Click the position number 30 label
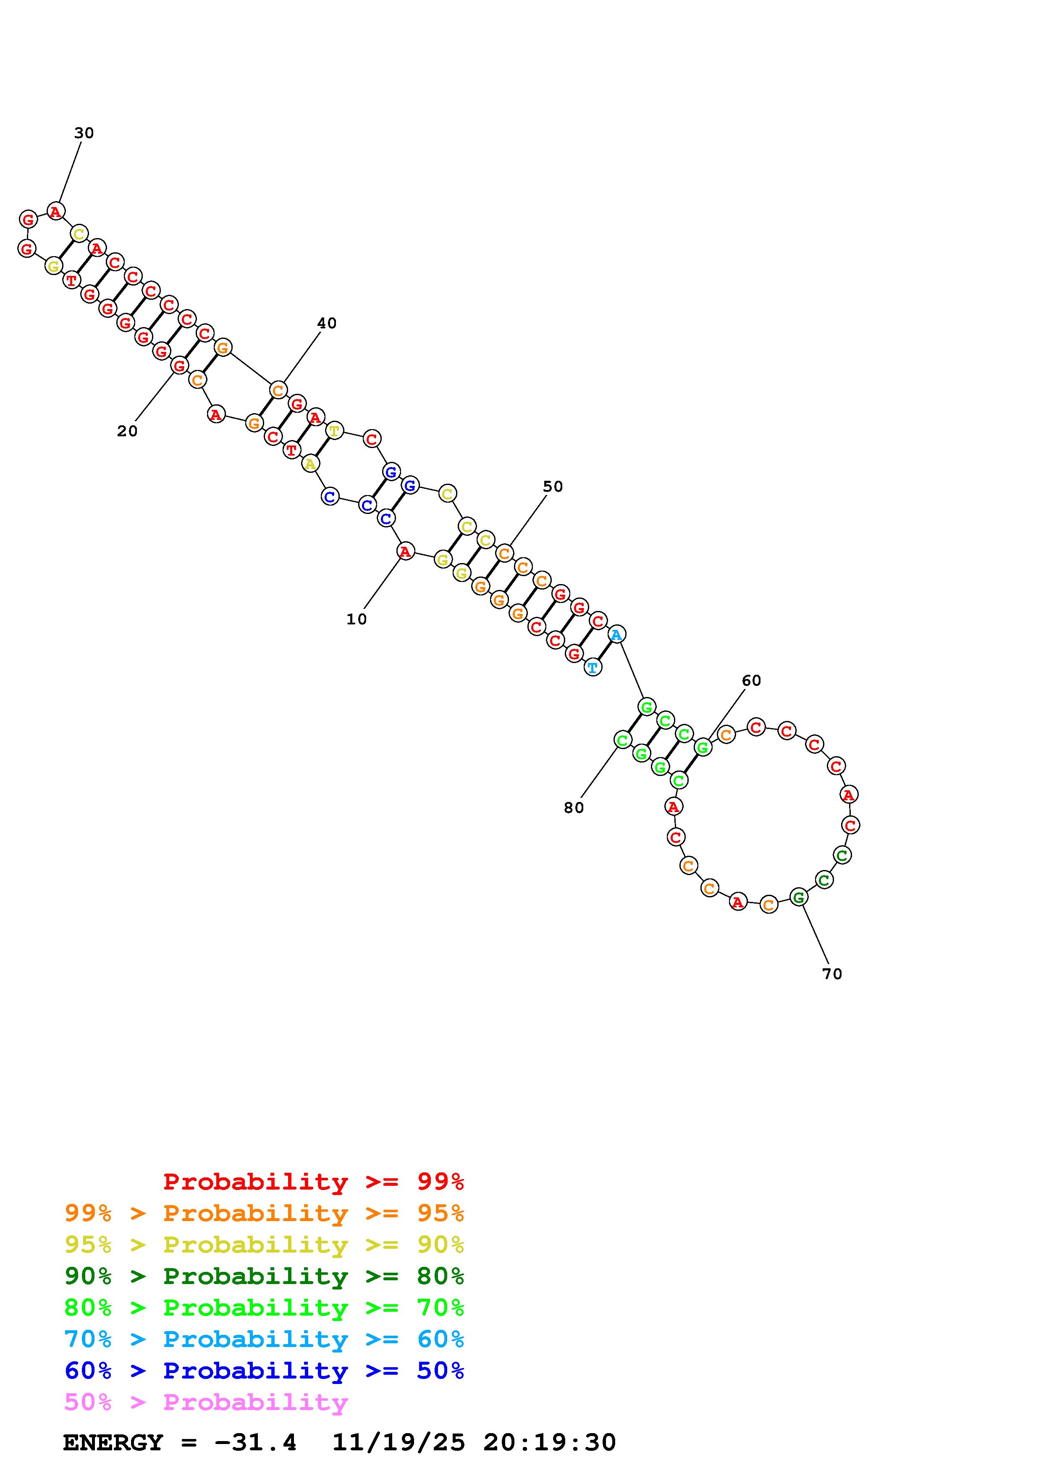pyautogui.click(x=84, y=133)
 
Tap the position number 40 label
pyautogui.click(x=327, y=323)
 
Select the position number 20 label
pyautogui.click(x=127, y=431)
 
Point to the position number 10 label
pyautogui.click(x=357, y=619)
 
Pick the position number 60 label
pyautogui.click(x=751, y=680)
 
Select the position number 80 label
pyautogui.click(x=574, y=808)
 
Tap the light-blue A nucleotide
pyautogui.click(x=616, y=634)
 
